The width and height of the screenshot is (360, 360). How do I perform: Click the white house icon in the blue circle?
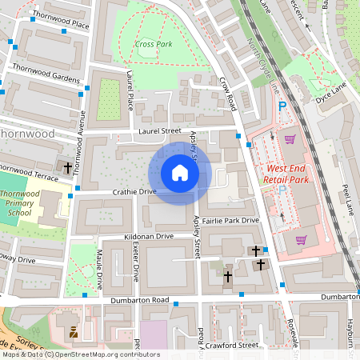point(179,173)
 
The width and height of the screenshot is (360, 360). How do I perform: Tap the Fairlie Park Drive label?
point(232,220)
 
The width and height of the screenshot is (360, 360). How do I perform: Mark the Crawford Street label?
point(230,346)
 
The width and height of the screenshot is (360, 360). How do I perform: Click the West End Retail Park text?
point(286,174)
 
